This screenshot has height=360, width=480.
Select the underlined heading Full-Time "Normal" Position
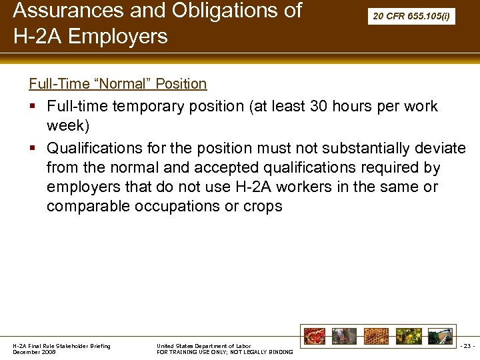click(x=117, y=84)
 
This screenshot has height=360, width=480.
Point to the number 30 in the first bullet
click(x=322, y=107)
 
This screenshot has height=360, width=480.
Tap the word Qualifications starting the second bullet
click(x=103, y=148)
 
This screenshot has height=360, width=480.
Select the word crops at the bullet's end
click(x=263, y=207)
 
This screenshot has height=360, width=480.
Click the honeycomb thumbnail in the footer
click(x=376, y=336)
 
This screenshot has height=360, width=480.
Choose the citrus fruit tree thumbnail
click(x=407, y=336)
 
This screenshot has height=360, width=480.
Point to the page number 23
click(x=467, y=346)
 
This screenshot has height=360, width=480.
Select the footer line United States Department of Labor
click(x=203, y=346)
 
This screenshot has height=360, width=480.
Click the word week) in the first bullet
click(x=68, y=126)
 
